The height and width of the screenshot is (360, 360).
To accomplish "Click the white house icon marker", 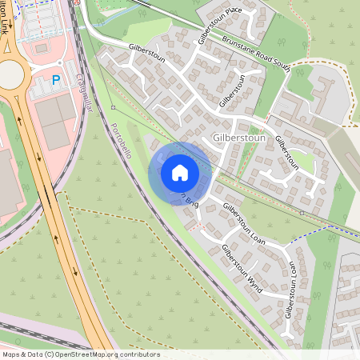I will [x=179, y=172].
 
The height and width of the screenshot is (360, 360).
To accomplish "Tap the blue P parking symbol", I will [x=56, y=79].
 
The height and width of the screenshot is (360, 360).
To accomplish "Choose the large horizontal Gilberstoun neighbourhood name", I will [x=239, y=138].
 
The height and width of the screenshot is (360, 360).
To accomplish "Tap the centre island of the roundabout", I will [x=10, y=74].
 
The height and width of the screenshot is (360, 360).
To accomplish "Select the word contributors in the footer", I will [x=138, y=354].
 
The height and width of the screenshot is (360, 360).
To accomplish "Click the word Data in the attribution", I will [x=36, y=354].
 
